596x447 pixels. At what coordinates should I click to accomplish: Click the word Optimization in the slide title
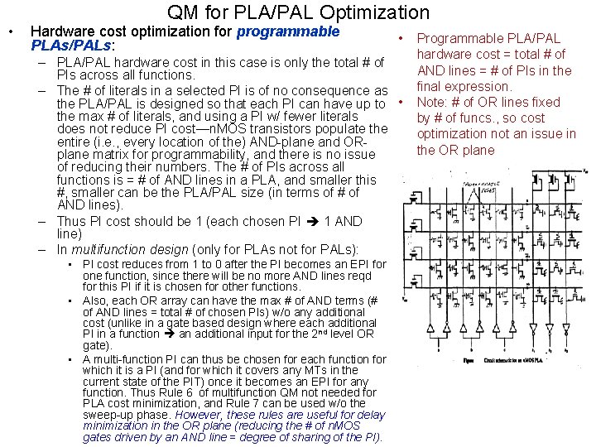tap(377, 12)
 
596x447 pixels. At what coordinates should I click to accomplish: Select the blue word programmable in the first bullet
tap(288, 32)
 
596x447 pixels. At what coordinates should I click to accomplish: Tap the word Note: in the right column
tap(431, 102)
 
